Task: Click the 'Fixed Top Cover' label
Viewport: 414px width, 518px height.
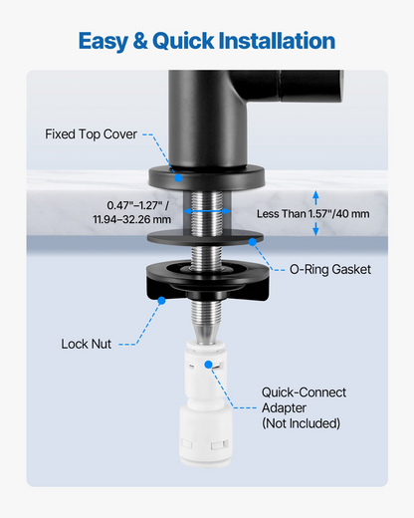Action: click(x=91, y=134)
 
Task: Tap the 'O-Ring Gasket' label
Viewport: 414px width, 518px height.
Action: click(x=330, y=269)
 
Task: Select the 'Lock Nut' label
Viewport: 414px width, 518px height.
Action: click(x=87, y=344)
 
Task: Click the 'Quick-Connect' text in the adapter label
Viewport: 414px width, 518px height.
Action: click(x=304, y=392)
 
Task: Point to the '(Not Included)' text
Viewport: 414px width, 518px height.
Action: click(x=302, y=423)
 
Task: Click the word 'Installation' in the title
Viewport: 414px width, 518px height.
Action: click(x=277, y=41)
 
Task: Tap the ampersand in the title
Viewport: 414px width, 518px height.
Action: click(x=140, y=41)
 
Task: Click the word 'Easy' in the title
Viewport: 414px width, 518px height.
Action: click(x=103, y=42)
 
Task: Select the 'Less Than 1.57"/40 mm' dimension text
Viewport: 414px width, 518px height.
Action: click(x=313, y=214)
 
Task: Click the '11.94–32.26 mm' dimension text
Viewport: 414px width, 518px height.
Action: click(x=132, y=219)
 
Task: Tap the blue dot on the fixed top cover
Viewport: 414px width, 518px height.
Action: click(x=178, y=178)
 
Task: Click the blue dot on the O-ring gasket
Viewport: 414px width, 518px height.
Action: click(x=253, y=242)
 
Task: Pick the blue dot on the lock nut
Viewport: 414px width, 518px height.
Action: click(x=161, y=301)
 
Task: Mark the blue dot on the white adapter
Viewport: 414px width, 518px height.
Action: click(x=208, y=365)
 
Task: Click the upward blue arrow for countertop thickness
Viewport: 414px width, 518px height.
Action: click(x=315, y=198)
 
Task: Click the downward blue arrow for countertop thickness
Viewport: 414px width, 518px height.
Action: click(x=315, y=229)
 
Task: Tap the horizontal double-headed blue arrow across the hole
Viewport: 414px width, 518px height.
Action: click(x=207, y=211)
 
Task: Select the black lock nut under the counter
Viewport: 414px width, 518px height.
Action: click(x=207, y=281)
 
